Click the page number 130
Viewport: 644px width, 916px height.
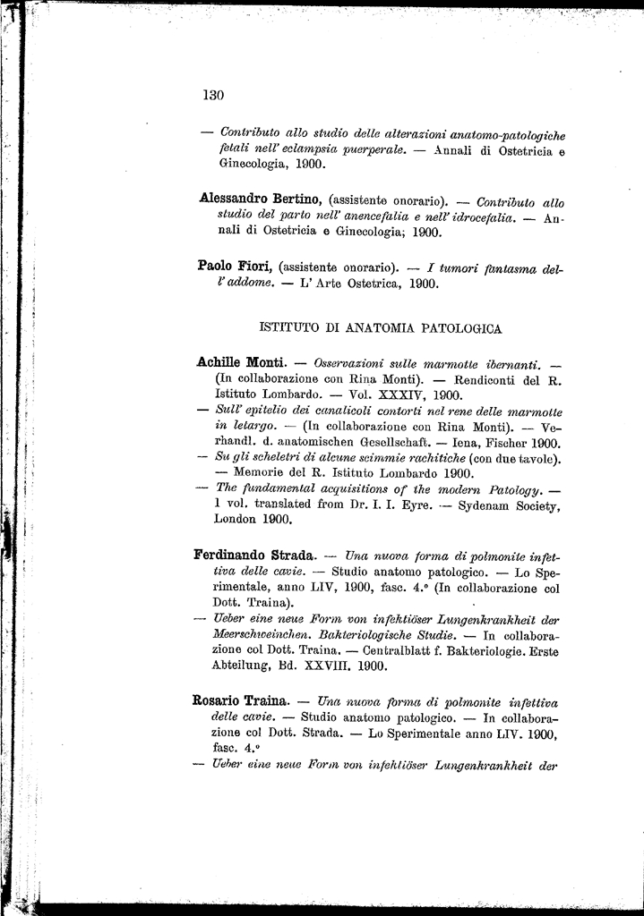212,95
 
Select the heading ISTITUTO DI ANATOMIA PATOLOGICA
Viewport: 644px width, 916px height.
380,328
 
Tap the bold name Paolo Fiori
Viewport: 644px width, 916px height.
236,266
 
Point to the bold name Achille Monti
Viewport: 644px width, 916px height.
240,362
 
